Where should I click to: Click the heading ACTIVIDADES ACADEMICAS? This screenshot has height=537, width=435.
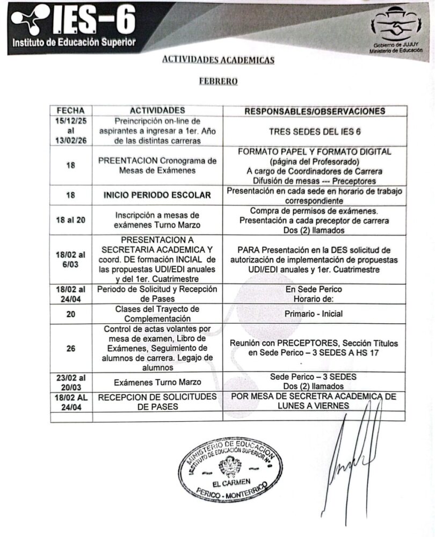pos(218,60)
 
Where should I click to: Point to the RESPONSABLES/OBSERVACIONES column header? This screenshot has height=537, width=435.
pos(315,111)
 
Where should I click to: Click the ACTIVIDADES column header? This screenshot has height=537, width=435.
pos(157,111)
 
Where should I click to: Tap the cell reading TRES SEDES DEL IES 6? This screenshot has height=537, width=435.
pos(315,131)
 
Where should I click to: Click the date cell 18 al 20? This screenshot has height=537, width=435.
pos(71,220)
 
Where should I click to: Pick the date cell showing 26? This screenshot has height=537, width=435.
pos(71,348)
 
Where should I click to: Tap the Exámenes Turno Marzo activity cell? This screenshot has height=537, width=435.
pos(157,383)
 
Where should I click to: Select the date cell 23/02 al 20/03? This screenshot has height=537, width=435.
pos(71,382)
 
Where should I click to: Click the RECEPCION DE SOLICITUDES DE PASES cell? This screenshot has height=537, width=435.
pos(157,402)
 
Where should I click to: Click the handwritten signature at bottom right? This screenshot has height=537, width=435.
pos(354,451)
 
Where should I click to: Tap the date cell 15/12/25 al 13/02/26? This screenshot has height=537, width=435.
pos(71,131)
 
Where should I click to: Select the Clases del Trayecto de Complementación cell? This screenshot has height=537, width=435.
pos(157,314)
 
